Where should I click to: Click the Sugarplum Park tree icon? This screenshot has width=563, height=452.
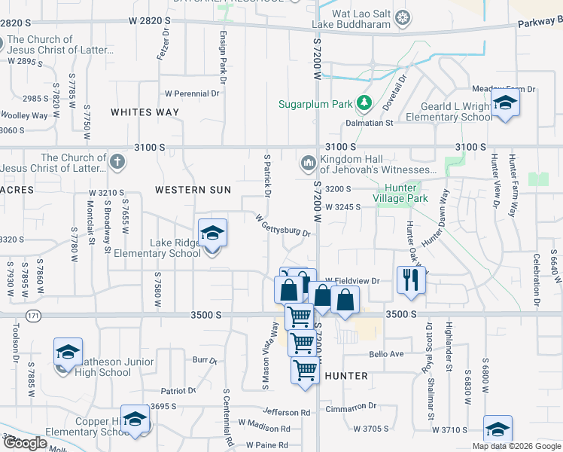click(x=365, y=102)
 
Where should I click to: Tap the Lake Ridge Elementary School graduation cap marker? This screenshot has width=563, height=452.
click(x=213, y=234)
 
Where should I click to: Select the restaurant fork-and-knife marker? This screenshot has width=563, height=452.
click(x=410, y=279)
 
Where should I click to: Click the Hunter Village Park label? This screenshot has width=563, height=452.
click(x=406, y=193)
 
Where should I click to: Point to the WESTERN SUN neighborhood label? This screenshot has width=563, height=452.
click(x=193, y=190)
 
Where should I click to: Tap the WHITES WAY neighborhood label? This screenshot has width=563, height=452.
click(x=145, y=112)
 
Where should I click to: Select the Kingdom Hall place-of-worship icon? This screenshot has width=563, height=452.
click(x=308, y=163)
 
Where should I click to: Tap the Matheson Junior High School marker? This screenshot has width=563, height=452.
click(x=67, y=353)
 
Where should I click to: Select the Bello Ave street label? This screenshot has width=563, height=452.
click(x=386, y=353)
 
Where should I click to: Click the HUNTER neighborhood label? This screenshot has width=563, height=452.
click(x=345, y=375)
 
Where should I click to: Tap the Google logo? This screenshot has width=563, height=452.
click(x=24, y=442)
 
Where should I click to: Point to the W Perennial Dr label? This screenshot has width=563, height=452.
click(x=191, y=93)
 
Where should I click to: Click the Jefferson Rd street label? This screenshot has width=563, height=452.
click(x=287, y=412)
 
